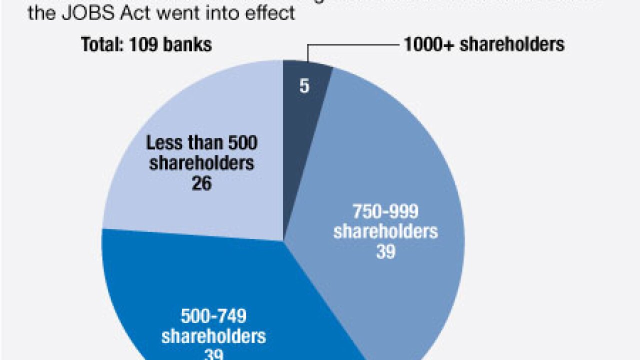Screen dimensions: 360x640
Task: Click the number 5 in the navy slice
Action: click(x=304, y=86)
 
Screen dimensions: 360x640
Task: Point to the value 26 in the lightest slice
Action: click(x=201, y=183)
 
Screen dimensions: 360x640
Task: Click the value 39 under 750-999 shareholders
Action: click(x=385, y=251)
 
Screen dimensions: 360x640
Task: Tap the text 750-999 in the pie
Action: click(x=385, y=212)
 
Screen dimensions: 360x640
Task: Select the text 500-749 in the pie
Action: click(x=213, y=316)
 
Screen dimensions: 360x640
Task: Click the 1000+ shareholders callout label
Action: click(x=484, y=44)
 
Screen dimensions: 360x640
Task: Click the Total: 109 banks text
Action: click(x=146, y=44)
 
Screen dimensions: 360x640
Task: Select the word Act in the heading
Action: click(x=135, y=13)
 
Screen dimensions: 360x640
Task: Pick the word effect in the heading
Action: click(x=270, y=13)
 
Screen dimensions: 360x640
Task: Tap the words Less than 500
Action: click(x=201, y=143)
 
